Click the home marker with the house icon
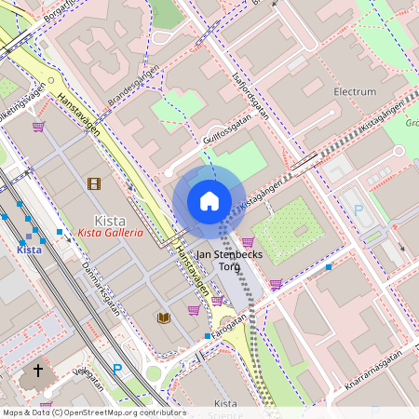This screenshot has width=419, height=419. (x=209, y=201)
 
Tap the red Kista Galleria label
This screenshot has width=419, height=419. (x=110, y=233)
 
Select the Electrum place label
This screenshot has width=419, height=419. (x=355, y=92)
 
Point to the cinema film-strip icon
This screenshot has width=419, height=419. (x=94, y=183)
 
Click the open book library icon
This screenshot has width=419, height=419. (x=164, y=318)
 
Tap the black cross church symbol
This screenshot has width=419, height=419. (x=38, y=371)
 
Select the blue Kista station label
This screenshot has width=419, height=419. (x=30, y=250)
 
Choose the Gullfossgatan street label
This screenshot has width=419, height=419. (x=227, y=131)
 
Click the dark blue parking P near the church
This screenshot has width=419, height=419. (x=116, y=370)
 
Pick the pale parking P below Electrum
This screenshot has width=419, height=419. (x=358, y=210)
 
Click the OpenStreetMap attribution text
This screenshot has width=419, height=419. (x=93, y=412)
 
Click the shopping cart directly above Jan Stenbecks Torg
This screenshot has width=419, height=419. (x=248, y=242)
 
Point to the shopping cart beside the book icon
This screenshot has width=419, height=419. (x=193, y=310)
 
